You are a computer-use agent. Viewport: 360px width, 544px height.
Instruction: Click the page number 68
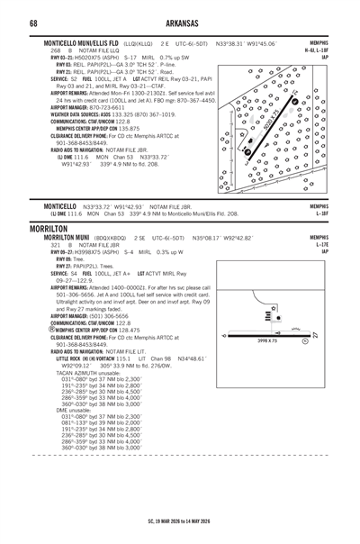(x=32, y=23)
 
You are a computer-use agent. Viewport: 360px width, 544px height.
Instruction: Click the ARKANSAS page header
(x=179, y=23)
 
